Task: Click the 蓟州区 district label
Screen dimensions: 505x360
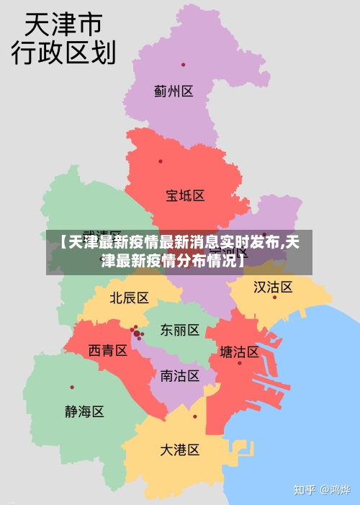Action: point(174,91)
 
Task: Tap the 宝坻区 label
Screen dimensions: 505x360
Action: point(185,195)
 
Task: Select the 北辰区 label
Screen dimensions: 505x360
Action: point(129,298)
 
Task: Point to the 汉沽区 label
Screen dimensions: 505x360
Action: point(273,287)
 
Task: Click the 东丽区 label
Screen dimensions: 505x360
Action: point(180,330)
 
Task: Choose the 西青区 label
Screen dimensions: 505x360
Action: point(108,351)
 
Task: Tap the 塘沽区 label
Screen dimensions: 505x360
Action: point(239,352)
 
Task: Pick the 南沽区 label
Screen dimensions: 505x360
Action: point(179,375)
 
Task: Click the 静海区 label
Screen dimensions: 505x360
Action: point(84,412)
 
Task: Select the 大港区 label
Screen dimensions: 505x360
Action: point(179,450)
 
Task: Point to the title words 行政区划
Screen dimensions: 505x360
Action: point(63,53)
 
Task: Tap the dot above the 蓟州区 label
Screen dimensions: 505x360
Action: point(183,65)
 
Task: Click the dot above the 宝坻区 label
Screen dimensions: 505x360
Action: point(161,161)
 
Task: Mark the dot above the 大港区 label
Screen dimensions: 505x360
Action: point(194,416)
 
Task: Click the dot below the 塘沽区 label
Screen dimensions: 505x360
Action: point(240,363)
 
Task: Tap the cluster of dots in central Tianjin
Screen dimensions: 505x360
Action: point(136,333)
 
